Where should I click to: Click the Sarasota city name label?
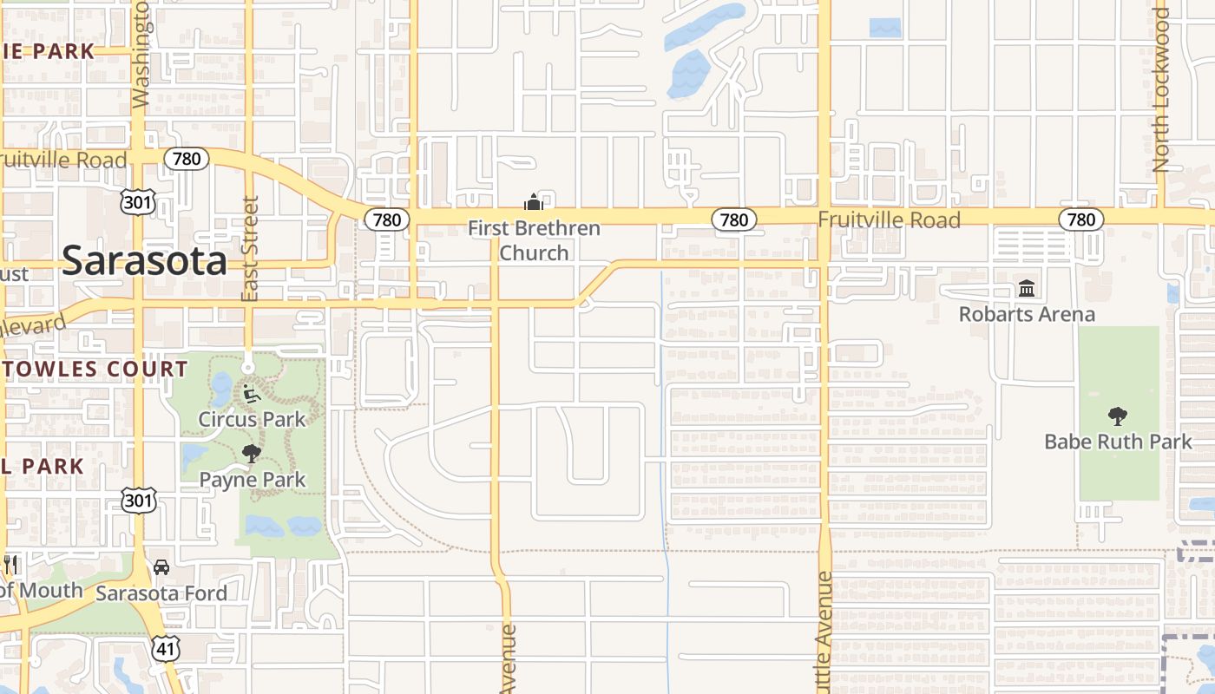coord(144,260)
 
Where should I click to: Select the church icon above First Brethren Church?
coord(533,203)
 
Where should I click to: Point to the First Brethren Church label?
coord(534,240)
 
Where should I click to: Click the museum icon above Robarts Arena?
coord(1027,288)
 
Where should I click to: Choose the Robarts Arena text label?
coord(1027,314)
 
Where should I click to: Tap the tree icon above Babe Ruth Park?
coord(1118,416)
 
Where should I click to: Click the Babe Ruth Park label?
coord(1118,442)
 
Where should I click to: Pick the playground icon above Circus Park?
coord(251,393)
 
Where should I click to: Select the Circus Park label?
coord(252,419)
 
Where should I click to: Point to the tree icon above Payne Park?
coord(252,453)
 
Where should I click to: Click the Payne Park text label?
coord(252,480)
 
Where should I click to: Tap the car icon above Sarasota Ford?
coord(161,567)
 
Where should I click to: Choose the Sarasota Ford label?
coord(161,593)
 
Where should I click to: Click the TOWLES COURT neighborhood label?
coord(94,369)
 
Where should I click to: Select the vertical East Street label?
coord(250,249)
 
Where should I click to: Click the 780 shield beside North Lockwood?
coord(1080,219)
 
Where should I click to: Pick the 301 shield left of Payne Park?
coord(139,500)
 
